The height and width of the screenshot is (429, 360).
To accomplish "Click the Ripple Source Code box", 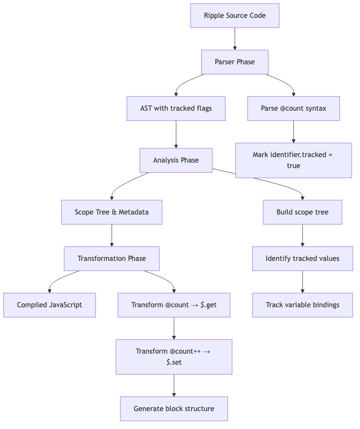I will pos(235,16).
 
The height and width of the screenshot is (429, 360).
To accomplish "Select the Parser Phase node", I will pos(235,62).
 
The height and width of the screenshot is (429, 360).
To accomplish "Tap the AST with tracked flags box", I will pos(176,108).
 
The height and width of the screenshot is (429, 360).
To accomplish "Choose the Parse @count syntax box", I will pos(293,108).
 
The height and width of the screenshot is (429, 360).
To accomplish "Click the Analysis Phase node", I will pos(176,160).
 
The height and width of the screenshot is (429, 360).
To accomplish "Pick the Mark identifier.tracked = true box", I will pos(293,160).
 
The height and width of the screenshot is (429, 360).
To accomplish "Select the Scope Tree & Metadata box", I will pos(112,212).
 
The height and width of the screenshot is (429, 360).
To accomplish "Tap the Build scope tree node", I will pos(302,212).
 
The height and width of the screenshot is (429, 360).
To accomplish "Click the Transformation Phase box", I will pos(112,259).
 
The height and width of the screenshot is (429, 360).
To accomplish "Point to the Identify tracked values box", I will pos(302,259).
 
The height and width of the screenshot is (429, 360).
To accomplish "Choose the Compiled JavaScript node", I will pos(50,305).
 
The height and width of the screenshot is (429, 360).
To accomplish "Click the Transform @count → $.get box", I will pos(174,305).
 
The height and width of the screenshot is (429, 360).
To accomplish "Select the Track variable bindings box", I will pos(302,305).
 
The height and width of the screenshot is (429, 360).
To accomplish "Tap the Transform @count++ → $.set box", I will pos(174,357).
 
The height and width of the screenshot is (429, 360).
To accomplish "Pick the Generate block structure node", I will pos(174,409).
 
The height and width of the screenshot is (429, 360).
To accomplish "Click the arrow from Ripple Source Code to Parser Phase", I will pos(235,39).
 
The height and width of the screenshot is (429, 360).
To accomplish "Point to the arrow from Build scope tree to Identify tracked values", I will pos(302,235).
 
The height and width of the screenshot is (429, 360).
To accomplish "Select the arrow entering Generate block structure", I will pos(174,385).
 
